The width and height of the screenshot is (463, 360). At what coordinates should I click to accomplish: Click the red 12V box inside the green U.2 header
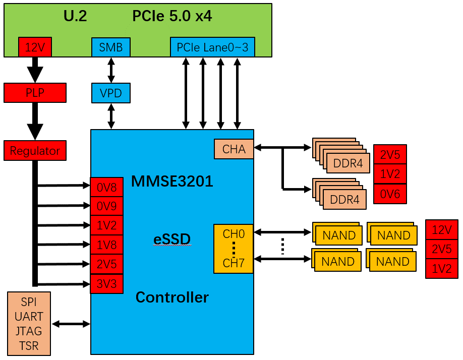pos(35,47)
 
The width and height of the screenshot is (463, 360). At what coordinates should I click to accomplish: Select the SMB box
pos(111,47)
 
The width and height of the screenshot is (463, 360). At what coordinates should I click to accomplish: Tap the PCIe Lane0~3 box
pos(212,47)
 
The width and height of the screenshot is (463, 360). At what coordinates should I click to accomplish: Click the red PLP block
pos(35,93)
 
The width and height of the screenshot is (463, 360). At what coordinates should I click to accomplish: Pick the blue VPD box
pos(111,93)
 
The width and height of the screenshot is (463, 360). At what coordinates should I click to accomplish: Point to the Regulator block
pos(35,151)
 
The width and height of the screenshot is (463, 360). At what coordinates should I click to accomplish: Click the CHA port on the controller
pos(234,149)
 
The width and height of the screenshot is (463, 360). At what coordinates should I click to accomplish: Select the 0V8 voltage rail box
pos(106,187)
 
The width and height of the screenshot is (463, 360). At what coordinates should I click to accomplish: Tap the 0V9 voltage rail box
pos(106,206)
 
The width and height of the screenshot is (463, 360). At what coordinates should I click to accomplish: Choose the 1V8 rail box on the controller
pos(106,245)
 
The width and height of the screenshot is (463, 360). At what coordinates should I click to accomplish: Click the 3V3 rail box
pos(106,284)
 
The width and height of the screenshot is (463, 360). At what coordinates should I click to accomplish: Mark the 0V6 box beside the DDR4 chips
pos(390,194)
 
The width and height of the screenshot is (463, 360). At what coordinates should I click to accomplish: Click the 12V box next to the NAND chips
pos(442,229)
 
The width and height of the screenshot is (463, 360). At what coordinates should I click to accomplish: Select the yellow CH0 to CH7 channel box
pos(234,249)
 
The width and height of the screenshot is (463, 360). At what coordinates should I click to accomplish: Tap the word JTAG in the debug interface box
pos(30,331)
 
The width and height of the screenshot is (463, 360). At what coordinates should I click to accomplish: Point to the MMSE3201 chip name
pos(172,182)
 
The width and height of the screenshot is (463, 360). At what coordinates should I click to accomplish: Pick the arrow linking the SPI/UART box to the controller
pos(71,324)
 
